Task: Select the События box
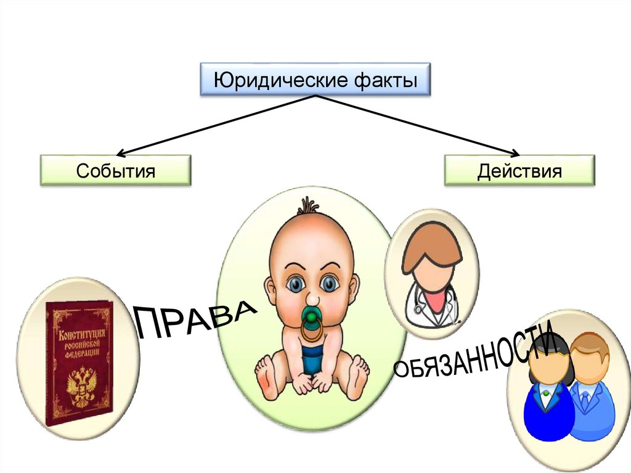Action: pyautogui.click(x=115, y=171)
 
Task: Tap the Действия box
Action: pyautogui.click(x=519, y=171)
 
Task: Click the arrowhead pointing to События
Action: pyautogui.click(x=121, y=152)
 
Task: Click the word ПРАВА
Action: pyautogui.click(x=195, y=317)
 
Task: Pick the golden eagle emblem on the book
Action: pyautogui.click(x=79, y=386)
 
